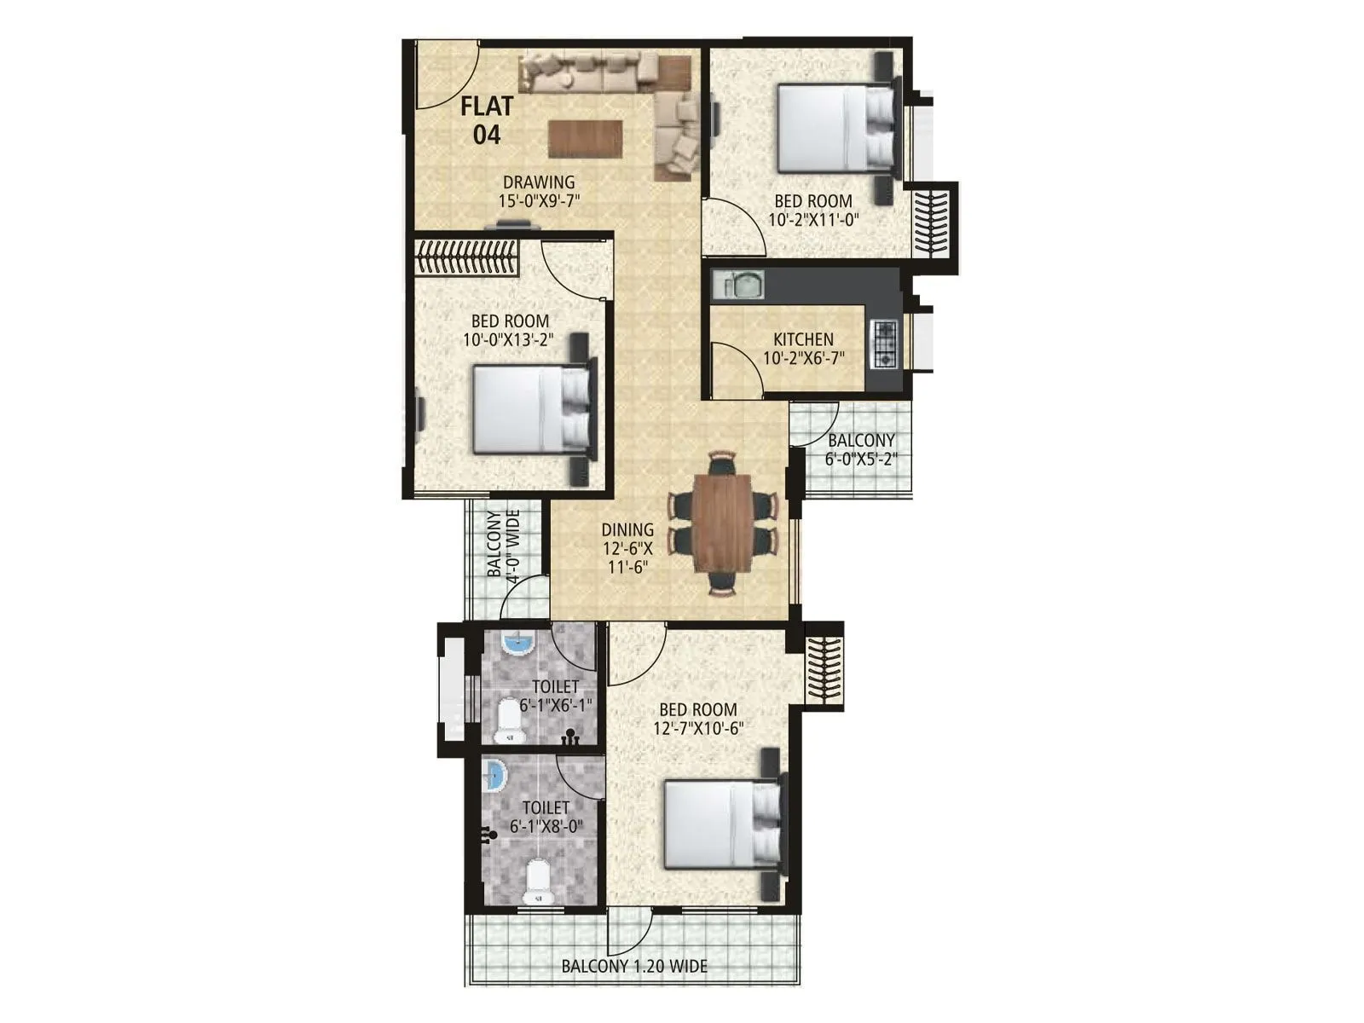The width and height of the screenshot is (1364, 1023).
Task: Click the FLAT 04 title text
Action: (x=487, y=120)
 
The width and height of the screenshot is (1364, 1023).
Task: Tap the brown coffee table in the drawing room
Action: (x=585, y=139)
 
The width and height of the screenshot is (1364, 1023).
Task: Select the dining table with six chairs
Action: (x=722, y=524)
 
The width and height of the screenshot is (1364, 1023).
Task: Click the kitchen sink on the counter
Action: (x=744, y=284)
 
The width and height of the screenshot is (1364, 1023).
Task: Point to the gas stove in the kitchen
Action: (x=885, y=344)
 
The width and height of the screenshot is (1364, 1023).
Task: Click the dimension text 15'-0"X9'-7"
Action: (x=539, y=201)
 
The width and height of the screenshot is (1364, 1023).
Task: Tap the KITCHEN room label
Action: (x=803, y=339)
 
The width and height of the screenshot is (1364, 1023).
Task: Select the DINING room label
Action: (x=627, y=530)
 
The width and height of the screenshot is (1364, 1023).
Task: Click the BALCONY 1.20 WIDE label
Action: (x=633, y=967)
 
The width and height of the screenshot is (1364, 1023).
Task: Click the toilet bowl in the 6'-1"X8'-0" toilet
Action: (x=537, y=883)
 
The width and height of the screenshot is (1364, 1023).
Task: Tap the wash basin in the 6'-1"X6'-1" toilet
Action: (x=517, y=643)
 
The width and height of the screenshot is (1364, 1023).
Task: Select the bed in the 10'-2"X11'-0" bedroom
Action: (x=836, y=128)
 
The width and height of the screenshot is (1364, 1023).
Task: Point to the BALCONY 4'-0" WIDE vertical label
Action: (x=503, y=546)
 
